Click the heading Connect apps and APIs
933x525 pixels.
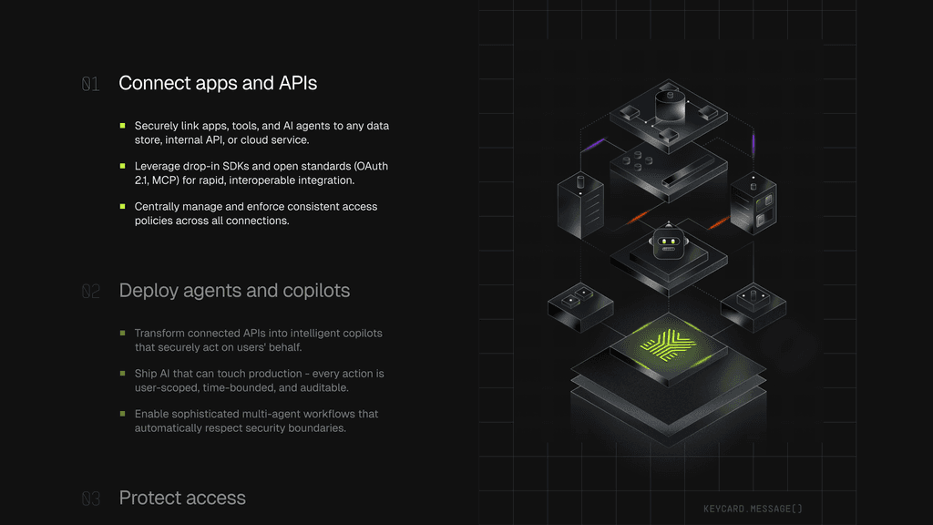(x=218, y=83)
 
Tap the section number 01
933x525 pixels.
(x=90, y=84)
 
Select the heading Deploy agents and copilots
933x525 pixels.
(x=234, y=291)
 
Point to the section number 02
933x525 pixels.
(x=90, y=291)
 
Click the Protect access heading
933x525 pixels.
(x=182, y=498)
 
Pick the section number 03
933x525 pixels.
(x=90, y=499)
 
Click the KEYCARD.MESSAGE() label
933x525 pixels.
(x=753, y=509)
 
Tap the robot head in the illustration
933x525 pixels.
(x=668, y=242)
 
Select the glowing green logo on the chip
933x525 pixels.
(x=668, y=345)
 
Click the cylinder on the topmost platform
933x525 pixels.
(x=670, y=106)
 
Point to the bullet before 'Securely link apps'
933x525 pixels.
(x=123, y=126)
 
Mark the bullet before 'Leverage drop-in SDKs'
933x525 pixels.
(x=123, y=166)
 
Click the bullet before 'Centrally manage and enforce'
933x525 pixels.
(x=123, y=207)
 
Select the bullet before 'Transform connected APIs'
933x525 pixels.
(x=123, y=334)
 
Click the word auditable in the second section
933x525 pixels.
(x=327, y=388)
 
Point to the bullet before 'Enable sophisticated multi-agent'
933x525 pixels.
(x=123, y=414)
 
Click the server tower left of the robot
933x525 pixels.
(x=580, y=205)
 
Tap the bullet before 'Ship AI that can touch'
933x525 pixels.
(x=123, y=374)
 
